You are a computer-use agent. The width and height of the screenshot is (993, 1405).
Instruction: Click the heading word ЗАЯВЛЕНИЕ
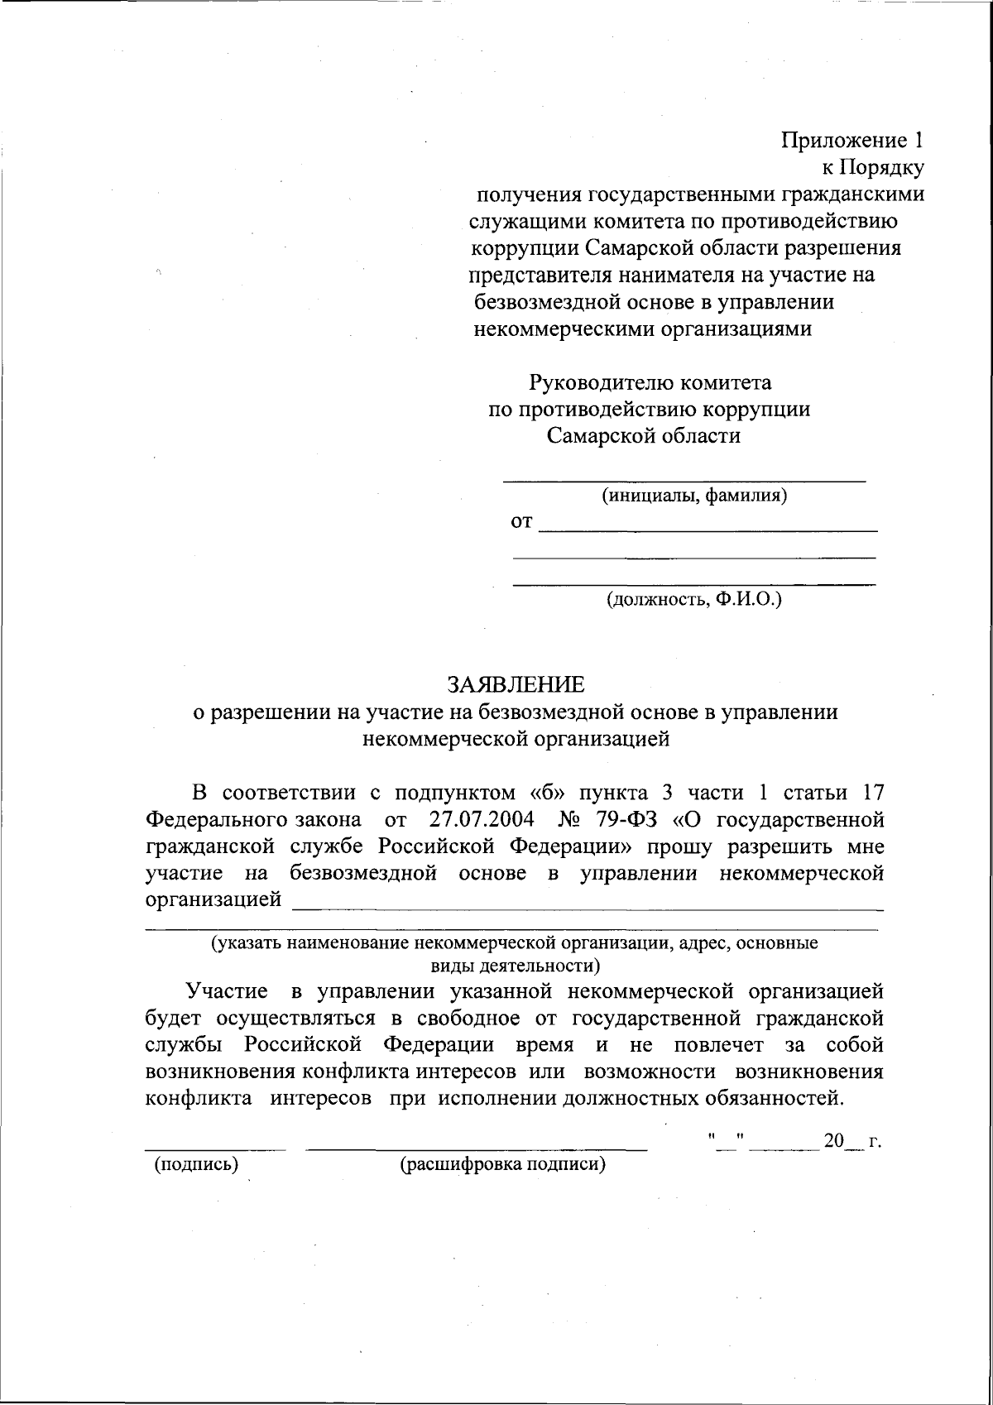[x=516, y=684]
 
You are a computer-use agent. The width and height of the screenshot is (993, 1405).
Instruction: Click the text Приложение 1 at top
[x=852, y=140]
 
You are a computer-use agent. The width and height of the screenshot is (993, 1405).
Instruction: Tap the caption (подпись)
[x=196, y=1164]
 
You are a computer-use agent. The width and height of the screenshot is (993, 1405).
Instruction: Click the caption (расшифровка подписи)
[x=502, y=1164]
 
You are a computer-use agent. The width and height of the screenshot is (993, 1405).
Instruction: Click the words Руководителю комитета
[x=650, y=382]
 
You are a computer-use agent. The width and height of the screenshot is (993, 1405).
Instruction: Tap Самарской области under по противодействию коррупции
[x=644, y=435]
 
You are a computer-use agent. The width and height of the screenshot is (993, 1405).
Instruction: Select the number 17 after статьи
[x=872, y=793]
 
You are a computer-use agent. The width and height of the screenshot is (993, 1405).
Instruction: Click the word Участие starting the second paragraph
[x=227, y=990]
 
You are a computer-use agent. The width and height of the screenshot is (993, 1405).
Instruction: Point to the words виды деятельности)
[x=515, y=965]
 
